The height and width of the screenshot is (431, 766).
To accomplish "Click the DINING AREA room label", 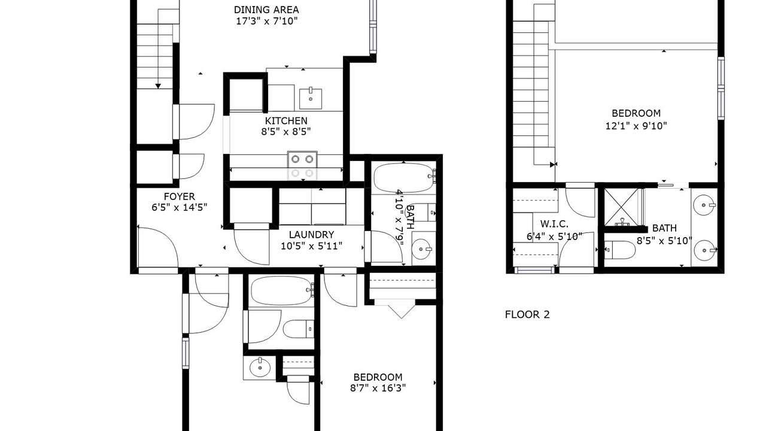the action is pyautogui.click(x=266, y=10).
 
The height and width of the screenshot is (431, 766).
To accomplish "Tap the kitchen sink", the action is pyautogui.click(x=311, y=99).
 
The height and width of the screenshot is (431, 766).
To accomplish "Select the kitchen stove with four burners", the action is pyautogui.click(x=302, y=166).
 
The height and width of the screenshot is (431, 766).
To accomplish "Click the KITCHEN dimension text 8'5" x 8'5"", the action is pyautogui.click(x=286, y=132).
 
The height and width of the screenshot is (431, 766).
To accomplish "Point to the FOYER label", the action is pyautogui.click(x=179, y=197).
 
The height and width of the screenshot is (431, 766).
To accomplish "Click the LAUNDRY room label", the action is pyautogui.click(x=311, y=235).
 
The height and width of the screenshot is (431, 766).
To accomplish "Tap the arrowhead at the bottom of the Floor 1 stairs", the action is pyautogui.click(x=158, y=86).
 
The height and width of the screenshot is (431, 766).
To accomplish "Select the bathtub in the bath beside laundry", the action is pyautogui.click(x=404, y=178).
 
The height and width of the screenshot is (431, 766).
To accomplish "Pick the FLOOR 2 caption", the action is pyautogui.click(x=527, y=315).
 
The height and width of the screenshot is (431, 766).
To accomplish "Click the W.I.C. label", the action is pyautogui.click(x=554, y=224).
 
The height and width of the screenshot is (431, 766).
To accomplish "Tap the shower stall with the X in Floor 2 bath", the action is pyautogui.click(x=621, y=207).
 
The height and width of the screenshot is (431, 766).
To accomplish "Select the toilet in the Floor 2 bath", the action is pyautogui.click(x=619, y=250).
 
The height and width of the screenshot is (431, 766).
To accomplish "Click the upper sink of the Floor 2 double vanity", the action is pyautogui.click(x=704, y=205).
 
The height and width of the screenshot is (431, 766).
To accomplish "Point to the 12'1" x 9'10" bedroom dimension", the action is pyautogui.click(x=636, y=126).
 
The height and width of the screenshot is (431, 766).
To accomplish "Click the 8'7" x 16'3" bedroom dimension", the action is pyautogui.click(x=378, y=388).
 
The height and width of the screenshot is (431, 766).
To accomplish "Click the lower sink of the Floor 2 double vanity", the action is pyautogui.click(x=704, y=250).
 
